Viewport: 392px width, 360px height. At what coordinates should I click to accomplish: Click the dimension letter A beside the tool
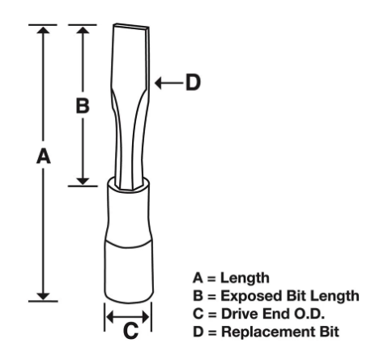tap(44, 156)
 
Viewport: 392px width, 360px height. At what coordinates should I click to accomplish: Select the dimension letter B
tap(83, 105)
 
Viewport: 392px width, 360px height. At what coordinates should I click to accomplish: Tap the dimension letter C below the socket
tap(130, 330)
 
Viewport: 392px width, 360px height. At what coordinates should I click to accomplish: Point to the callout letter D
tap(194, 83)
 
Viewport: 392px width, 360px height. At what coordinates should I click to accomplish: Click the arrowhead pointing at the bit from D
tap(158, 83)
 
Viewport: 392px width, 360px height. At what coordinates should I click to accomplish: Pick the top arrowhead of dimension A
tap(43, 29)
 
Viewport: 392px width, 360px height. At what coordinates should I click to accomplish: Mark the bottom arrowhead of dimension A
tap(43, 297)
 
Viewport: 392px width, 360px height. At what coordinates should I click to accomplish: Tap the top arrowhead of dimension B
tap(83, 29)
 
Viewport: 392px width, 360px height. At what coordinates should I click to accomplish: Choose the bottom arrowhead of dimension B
tap(83, 182)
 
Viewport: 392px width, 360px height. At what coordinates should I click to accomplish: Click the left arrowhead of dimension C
tap(109, 316)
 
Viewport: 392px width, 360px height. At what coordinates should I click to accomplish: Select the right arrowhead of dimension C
tap(146, 316)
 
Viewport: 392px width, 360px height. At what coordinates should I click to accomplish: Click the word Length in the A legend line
tap(245, 278)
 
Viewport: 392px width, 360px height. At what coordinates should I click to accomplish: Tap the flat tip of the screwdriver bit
tap(131, 26)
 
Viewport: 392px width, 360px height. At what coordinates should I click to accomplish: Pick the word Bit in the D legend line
tap(330, 332)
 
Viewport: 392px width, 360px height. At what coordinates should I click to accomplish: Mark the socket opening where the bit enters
tap(129, 184)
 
